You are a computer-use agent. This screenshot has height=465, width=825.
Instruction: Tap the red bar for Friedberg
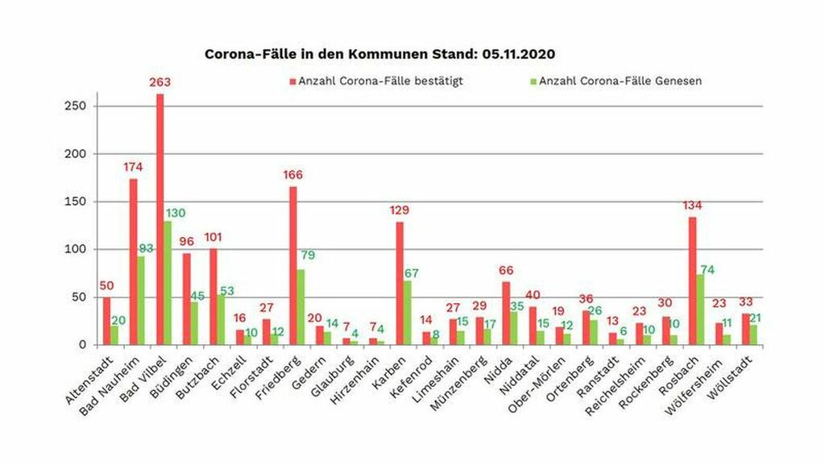[292, 266]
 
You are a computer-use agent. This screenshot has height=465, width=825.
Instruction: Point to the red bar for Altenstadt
[107, 321]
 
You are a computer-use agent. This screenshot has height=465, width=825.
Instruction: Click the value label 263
[160, 83]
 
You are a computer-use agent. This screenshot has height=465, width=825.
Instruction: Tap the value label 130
[176, 213]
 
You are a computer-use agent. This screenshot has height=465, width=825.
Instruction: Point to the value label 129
[400, 210]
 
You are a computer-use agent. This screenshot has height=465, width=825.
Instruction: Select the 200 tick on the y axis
[79, 154]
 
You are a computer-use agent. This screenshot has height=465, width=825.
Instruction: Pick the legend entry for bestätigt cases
[379, 81]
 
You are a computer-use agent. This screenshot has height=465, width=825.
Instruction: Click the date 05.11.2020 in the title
[520, 54]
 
